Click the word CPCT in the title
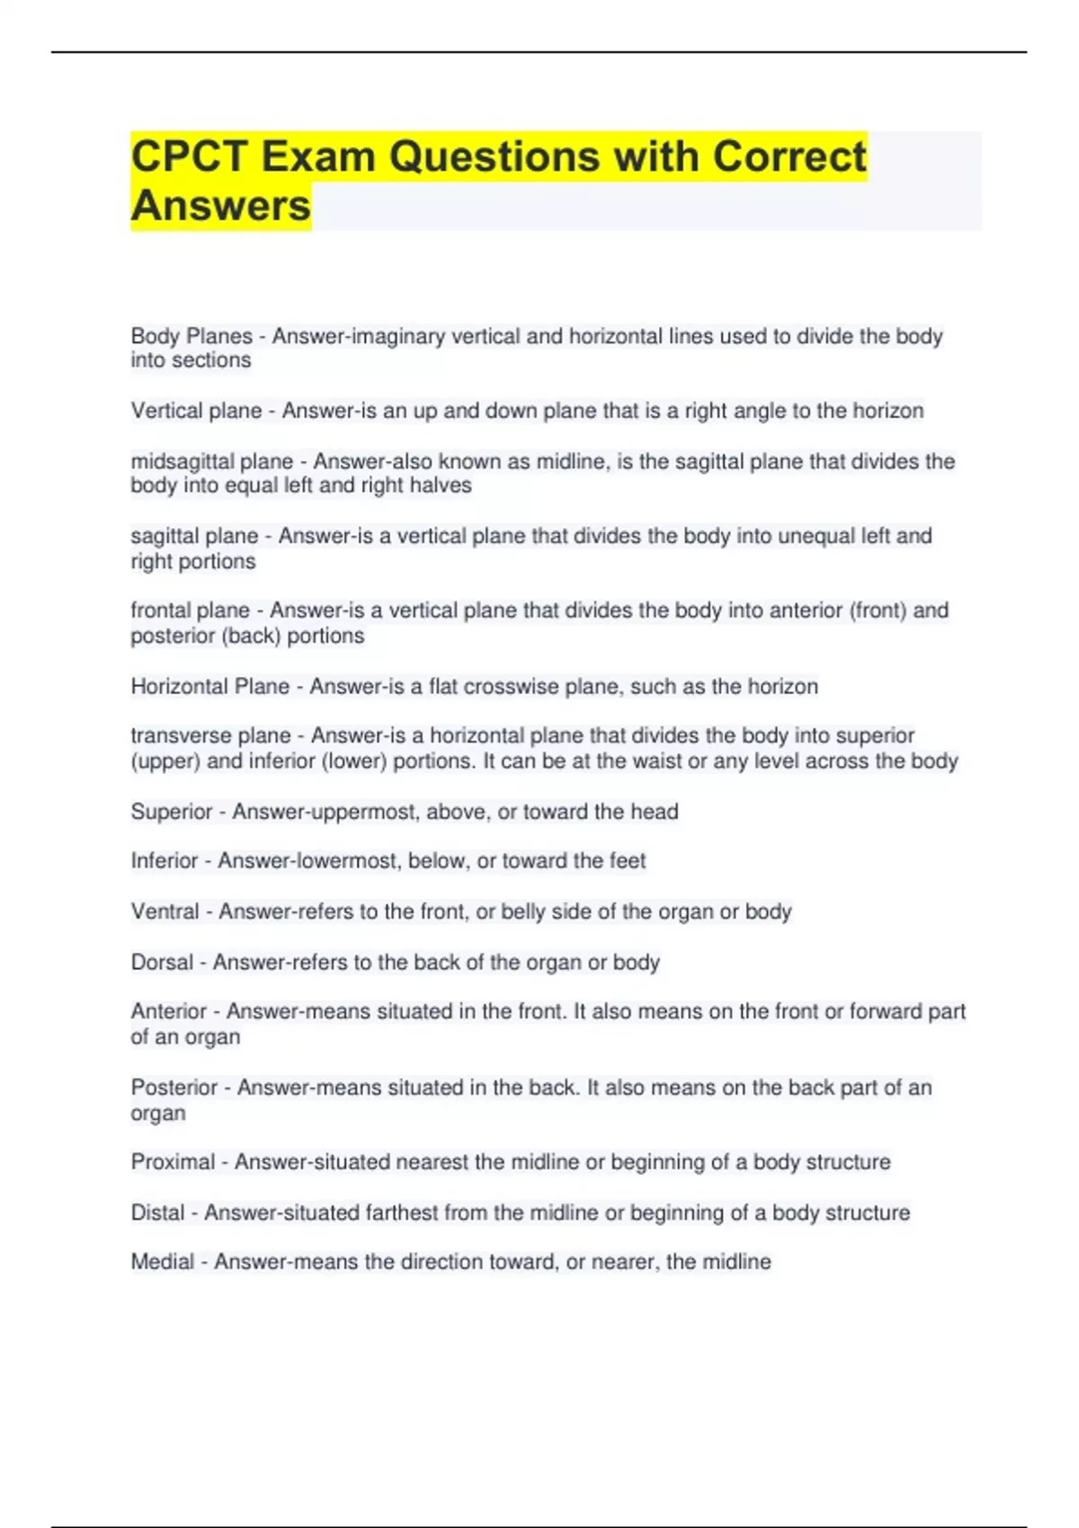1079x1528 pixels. (189, 156)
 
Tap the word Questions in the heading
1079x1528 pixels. (495, 156)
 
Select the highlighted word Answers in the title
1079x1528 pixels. (221, 206)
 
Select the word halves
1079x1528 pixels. (441, 485)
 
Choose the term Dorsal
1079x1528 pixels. (162, 962)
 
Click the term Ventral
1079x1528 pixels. (165, 911)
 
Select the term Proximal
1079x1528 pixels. (173, 1161)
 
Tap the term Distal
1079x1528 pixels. (157, 1213)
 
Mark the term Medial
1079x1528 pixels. (162, 1261)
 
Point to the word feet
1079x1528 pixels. (628, 861)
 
